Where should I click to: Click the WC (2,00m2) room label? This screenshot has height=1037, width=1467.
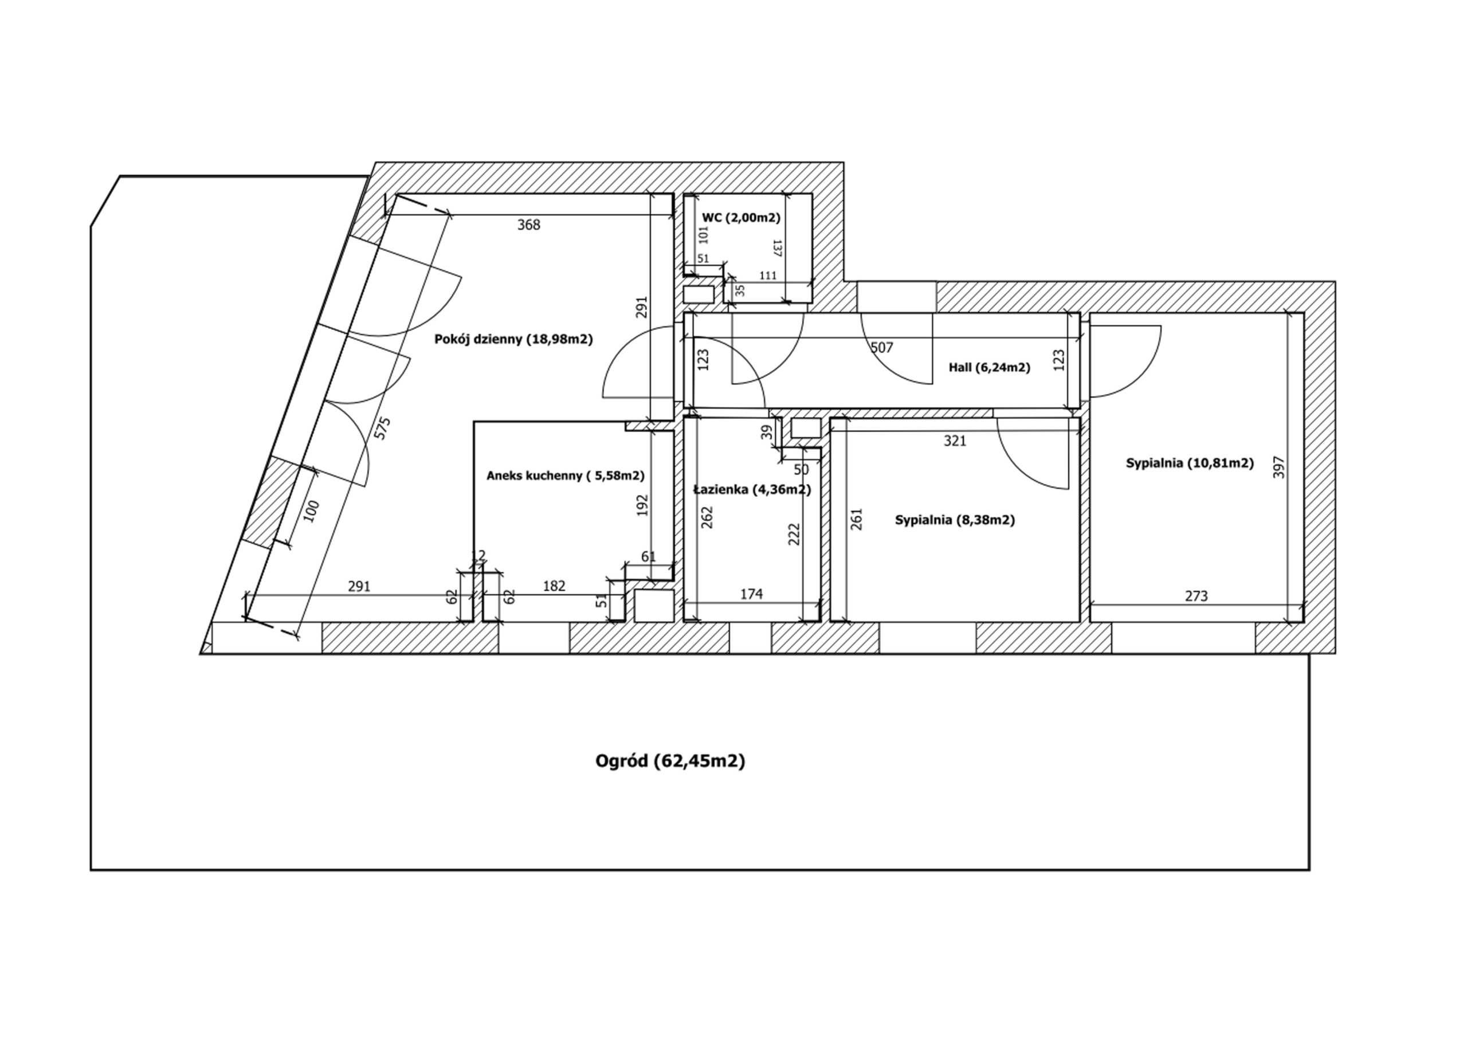(x=741, y=218)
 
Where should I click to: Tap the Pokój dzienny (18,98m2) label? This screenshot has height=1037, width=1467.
(x=513, y=339)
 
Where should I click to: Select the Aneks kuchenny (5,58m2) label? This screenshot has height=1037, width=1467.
(x=566, y=476)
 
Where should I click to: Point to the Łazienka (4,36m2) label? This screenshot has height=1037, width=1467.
(x=752, y=490)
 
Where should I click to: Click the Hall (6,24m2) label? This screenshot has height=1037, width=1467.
(x=989, y=367)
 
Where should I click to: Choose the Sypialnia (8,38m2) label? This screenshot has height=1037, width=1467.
(x=955, y=520)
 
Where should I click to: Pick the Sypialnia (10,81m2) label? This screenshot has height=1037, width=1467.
(x=1190, y=463)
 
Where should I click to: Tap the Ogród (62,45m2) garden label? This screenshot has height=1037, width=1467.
(x=670, y=761)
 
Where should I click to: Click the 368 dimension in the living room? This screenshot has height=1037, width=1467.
(x=528, y=225)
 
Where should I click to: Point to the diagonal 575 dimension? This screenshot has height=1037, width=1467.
(x=382, y=428)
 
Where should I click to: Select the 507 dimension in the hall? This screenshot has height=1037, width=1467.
(x=882, y=348)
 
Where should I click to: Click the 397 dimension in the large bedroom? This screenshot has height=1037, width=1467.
(x=1278, y=467)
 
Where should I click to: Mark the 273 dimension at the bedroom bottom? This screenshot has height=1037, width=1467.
(x=1196, y=596)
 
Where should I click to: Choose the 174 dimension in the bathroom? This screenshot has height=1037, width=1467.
(x=751, y=594)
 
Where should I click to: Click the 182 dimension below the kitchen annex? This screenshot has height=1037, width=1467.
(x=554, y=586)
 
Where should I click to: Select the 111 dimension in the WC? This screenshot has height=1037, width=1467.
(x=767, y=276)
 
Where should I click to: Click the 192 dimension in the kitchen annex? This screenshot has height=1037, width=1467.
(x=643, y=505)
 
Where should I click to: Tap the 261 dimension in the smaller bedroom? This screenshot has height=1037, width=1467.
(x=857, y=519)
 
